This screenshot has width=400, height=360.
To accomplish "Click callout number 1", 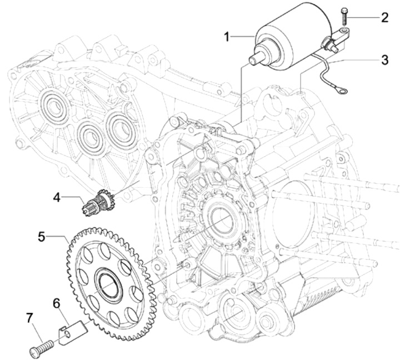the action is pyautogui.click(x=227, y=37).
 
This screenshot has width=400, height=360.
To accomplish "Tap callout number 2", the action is pyautogui.click(x=384, y=17).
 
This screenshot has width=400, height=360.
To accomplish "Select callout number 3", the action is pyautogui.click(x=384, y=59).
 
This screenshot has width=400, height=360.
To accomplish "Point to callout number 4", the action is pyautogui.click(x=57, y=197).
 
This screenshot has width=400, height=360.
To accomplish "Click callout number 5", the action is pyautogui.click(x=42, y=237).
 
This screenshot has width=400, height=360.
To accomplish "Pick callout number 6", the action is pyautogui.click(x=56, y=304).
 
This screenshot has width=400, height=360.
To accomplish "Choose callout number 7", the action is pyautogui.click(x=29, y=318).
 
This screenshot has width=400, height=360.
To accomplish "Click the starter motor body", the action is pyautogui.click(x=293, y=36).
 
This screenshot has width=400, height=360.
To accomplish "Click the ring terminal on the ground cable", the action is pyautogui.click(x=342, y=91).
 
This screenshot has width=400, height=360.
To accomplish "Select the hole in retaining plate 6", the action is pyautogui.click(x=67, y=333).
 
